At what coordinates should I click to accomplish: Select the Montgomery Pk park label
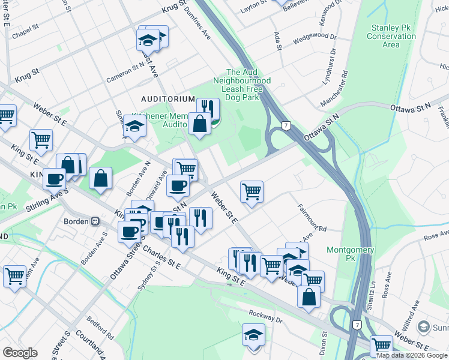(350, 254)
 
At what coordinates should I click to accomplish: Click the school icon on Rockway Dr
(253, 334)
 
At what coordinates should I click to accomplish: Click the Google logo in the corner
(20, 353)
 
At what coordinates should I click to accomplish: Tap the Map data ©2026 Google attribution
(412, 355)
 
